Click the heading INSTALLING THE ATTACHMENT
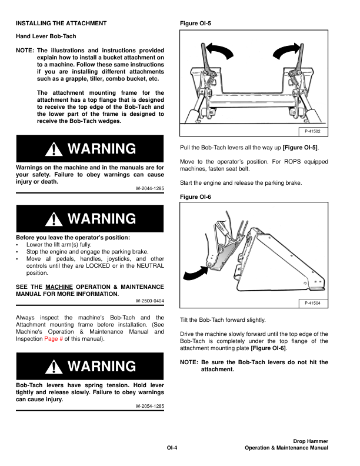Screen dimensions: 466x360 click(61, 24)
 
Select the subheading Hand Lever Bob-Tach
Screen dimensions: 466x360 click(46, 36)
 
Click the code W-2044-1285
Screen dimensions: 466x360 click(149, 188)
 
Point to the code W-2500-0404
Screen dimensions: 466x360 click(149, 301)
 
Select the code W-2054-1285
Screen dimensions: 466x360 click(149, 406)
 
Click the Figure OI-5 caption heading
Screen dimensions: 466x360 click(195, 24)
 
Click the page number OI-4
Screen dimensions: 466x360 click(172, 448)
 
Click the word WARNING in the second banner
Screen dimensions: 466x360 click(102, 219)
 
